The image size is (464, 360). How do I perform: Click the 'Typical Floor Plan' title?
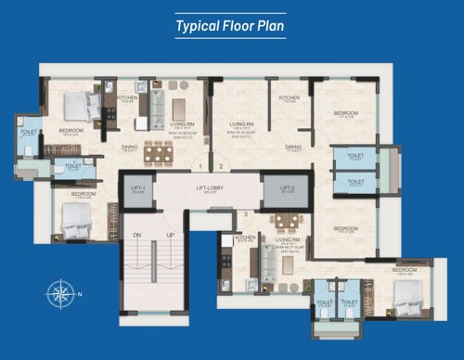(231, 25)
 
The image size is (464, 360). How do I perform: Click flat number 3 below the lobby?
(245, 215)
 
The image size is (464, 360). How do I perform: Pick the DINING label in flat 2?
(293, 146)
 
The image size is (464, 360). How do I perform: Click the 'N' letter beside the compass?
(81, 295)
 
